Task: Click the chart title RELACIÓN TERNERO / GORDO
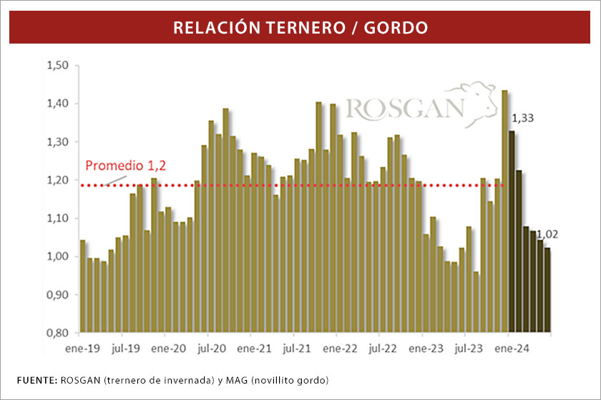click(300, 28)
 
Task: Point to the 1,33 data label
click(522, 119)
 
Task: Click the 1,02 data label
click(548, 234)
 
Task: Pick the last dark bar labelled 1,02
click(547, 290)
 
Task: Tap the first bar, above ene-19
click(82, 286)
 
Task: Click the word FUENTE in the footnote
click(34, 378)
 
